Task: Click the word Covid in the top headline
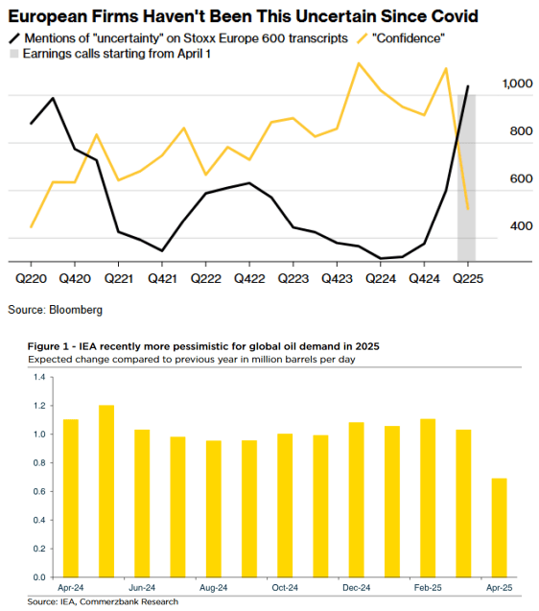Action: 454,16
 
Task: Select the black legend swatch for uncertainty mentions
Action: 14,38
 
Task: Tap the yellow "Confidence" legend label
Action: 409,38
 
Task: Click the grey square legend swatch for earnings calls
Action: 13,54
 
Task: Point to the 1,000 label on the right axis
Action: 517,83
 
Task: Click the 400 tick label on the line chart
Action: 521,226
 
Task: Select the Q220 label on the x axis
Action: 31,278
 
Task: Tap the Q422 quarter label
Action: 249,278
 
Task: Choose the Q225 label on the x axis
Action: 468,278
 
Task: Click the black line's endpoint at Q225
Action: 468,86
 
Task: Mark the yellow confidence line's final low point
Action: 468,209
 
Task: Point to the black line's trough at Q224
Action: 381,258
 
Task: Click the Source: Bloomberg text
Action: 56,310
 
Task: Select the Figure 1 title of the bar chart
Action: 203,346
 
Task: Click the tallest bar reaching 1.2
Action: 106,491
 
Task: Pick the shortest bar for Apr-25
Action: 500,528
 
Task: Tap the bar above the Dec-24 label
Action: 356,500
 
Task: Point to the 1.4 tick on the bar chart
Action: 39,377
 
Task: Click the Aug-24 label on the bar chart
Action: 214,588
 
